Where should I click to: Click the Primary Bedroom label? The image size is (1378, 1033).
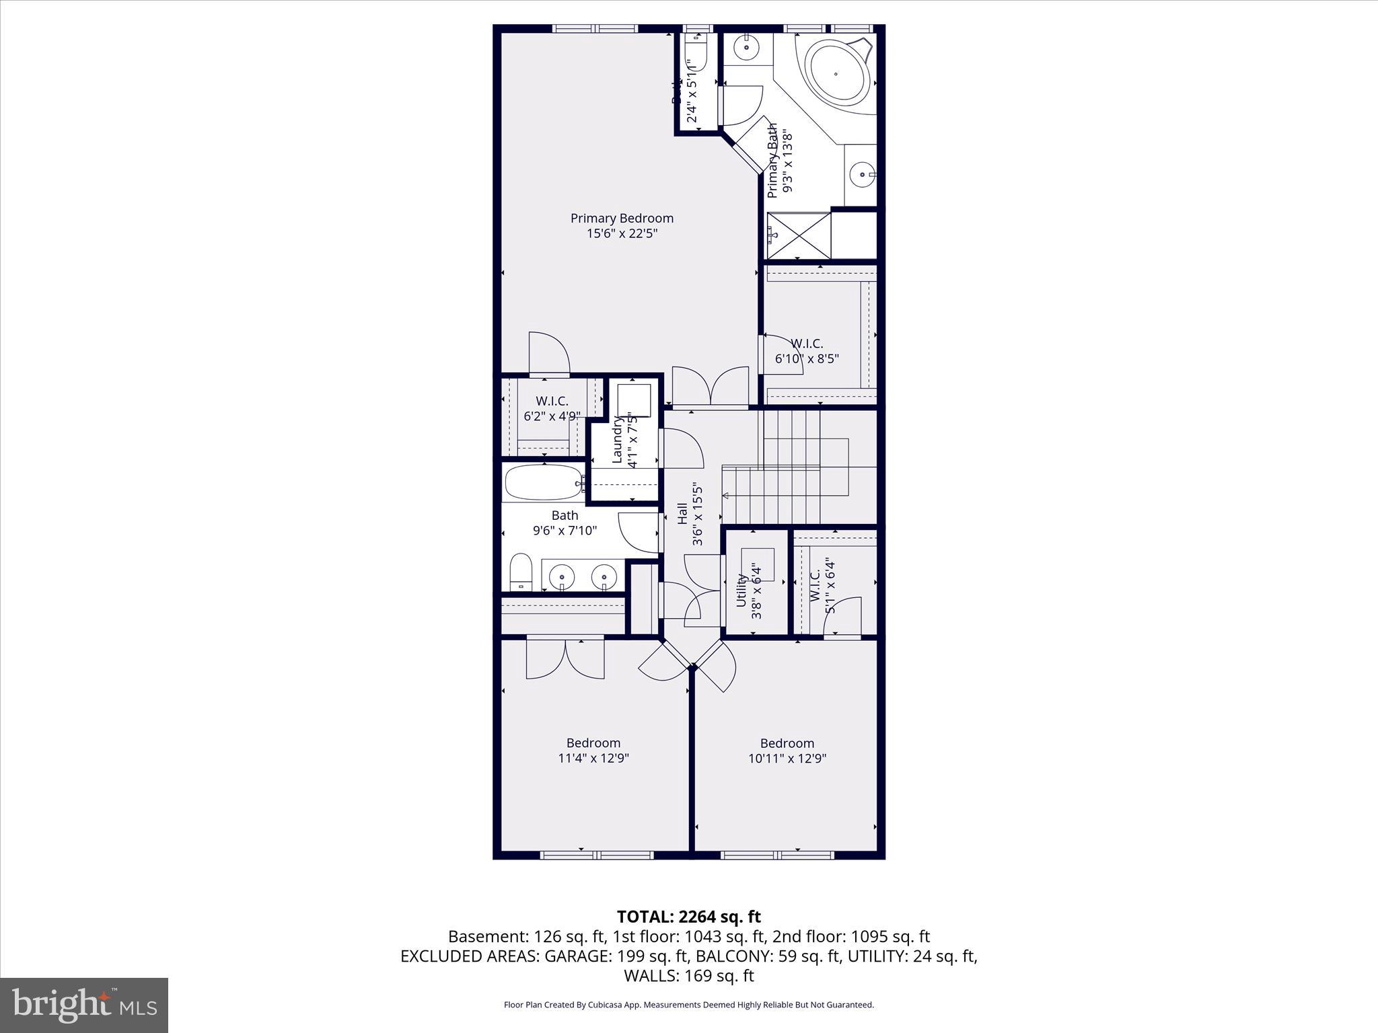622,219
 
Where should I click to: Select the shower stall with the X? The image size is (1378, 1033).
799,235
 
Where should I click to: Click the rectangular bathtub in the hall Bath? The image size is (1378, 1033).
544,482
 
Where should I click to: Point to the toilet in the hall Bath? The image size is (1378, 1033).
520,572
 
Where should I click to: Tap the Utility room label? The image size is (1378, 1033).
741,590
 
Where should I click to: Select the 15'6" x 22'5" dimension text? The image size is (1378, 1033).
622,234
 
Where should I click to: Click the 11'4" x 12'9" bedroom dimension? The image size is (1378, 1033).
593,759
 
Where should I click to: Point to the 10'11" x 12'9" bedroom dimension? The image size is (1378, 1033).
787,759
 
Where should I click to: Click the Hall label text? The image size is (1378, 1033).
682,514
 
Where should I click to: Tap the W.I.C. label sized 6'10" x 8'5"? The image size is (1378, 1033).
807,344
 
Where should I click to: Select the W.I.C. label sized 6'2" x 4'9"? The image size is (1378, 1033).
552,401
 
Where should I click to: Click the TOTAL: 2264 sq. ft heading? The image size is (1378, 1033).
688,917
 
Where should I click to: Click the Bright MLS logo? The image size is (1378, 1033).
84,1005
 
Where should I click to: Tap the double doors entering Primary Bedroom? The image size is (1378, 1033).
711,389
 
